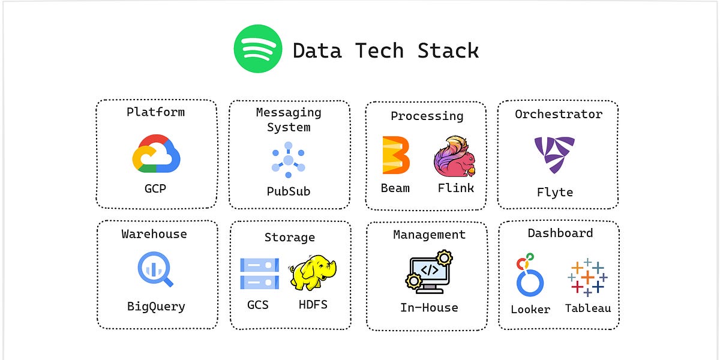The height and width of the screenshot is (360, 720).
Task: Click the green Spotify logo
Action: coord(257,49)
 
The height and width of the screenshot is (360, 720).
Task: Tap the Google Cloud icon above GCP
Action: coord(156,154)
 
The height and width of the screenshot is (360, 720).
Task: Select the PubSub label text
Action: coord(289,191)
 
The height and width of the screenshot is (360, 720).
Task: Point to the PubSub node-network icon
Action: coord(289,160)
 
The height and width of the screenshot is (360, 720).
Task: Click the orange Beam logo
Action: coord(396,155)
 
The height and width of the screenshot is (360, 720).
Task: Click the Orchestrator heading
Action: coord(559,114)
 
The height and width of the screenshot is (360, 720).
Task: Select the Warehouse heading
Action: coord(154,234)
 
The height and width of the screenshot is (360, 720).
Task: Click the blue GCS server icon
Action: coord(259,274)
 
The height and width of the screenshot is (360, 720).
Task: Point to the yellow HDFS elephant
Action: coord(313,273)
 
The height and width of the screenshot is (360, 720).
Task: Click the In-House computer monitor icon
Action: coord(428,272)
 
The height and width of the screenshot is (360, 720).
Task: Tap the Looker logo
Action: coord(529,277)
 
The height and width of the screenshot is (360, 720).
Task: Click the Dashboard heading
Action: coord(560,233)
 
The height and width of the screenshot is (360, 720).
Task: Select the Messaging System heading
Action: coord(289,119)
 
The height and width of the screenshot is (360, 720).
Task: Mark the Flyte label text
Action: coord(554,193)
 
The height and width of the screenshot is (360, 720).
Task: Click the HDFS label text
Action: coord(313,304)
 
